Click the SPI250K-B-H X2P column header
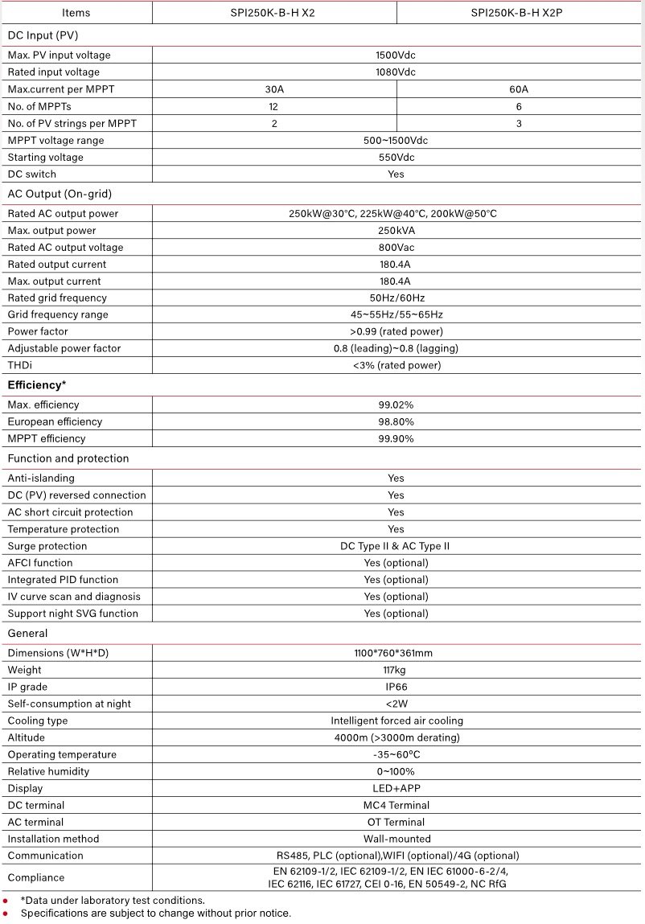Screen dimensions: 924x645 coord(520,12)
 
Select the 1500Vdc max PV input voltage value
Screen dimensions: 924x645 coord(396,55)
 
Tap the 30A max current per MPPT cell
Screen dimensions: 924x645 coord(274,89)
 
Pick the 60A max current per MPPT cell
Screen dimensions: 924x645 coord(520,89)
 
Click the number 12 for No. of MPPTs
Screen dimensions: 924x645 coord(274,106)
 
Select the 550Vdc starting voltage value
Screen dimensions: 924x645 coord(396,158)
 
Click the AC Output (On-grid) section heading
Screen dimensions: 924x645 coord(60,194)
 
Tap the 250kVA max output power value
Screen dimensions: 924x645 coord(396,231)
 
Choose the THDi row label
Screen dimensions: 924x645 coord(20,366)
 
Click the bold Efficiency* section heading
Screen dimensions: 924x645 coord(37,385)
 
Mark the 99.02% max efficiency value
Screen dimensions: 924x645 coord(396,405)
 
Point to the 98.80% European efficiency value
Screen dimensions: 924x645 coord(396,422)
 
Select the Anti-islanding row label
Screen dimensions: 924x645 coord(41,478)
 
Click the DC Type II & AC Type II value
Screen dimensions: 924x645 coord(396,546)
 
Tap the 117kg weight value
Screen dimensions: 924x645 coord(396,670)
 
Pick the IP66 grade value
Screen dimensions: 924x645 coord(396,687)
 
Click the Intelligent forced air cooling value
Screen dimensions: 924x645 coord(396,721)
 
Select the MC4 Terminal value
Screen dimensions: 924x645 coord(396,805)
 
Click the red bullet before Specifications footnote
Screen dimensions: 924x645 coord(5,914)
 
